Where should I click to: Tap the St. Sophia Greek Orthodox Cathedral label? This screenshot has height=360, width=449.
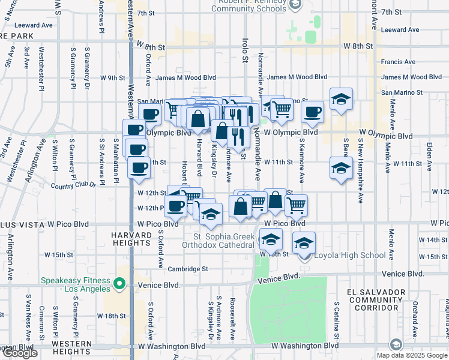click(224, 240)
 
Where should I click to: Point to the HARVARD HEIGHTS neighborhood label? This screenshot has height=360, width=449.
click(131, 239)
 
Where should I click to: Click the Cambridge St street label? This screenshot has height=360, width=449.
click(187, 269)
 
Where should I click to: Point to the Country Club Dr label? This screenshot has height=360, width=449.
click(74, 185)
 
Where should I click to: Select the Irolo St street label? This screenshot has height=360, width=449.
click(245, 50)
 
